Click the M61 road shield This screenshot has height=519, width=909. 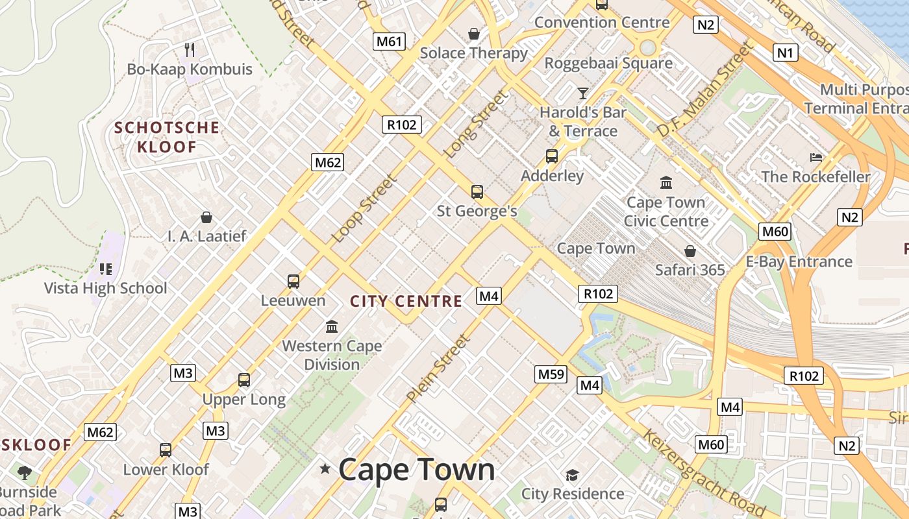coord(390,42)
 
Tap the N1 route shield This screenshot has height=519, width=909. coord(785,53)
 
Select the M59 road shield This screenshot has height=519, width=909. coord(551,374)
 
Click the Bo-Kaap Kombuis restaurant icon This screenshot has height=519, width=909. coord(190,49)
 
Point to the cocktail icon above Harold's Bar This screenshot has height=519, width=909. coord(582,93)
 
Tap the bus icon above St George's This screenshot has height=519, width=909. coord(477,191)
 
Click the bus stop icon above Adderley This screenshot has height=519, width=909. coord(552,156)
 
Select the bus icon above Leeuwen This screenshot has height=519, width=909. coord(293,281)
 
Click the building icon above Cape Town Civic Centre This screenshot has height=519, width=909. coord(666,182)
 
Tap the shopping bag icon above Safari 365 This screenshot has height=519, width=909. coord(690,250)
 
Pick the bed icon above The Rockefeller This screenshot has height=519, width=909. coord(816,158)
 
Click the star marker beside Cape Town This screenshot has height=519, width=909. coord(325,468)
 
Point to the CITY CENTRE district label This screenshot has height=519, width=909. coord(406,301)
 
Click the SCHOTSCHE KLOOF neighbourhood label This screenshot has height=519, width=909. coord(167,137)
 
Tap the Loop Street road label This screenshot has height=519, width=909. coord(364,209)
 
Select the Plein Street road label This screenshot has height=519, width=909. coord(437,368)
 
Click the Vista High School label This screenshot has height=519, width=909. coord(105,288)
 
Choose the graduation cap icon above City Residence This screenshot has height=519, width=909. coord(572,475)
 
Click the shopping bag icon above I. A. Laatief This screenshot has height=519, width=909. coord(206,217)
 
